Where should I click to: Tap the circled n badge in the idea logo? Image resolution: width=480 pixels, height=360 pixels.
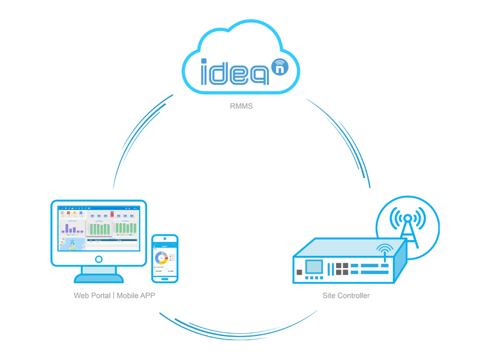[280, 67]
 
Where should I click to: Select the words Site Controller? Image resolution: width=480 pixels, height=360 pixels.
[346, 296]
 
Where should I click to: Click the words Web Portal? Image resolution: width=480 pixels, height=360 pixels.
[92, 296]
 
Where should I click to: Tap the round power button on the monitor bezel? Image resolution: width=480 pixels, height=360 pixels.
[99, 259]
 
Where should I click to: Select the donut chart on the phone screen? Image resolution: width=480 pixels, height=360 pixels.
[161, 257]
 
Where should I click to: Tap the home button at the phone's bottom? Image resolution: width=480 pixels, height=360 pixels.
[165, 278]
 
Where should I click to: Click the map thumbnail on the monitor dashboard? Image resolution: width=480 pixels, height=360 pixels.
[71, 244]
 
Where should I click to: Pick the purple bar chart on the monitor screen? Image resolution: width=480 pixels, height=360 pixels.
[73, 228]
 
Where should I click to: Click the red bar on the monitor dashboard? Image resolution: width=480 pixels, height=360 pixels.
[112, 214]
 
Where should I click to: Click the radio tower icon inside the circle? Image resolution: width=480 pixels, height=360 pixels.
[407, 224]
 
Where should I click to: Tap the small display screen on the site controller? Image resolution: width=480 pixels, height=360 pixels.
[314, 266]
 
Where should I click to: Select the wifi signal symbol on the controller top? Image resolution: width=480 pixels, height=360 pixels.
[385, 248]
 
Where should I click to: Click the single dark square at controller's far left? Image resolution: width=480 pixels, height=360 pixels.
[299, 272]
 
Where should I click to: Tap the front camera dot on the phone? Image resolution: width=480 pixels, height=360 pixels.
[165, 238]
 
